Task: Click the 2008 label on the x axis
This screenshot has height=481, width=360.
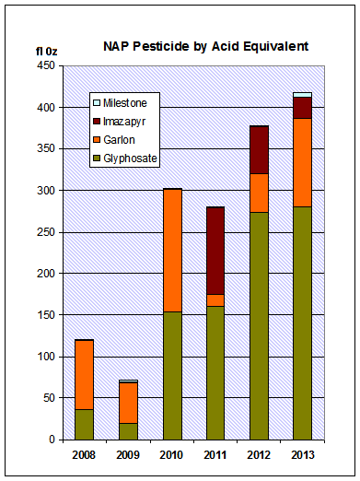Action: (84, 454)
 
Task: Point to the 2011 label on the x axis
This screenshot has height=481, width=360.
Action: (215, 454)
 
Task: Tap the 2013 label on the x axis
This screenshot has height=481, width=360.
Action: (303, 454)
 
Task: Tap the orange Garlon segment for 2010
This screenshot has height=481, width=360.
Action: (171, 250)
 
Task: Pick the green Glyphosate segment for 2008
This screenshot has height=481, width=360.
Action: (84, 424)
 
